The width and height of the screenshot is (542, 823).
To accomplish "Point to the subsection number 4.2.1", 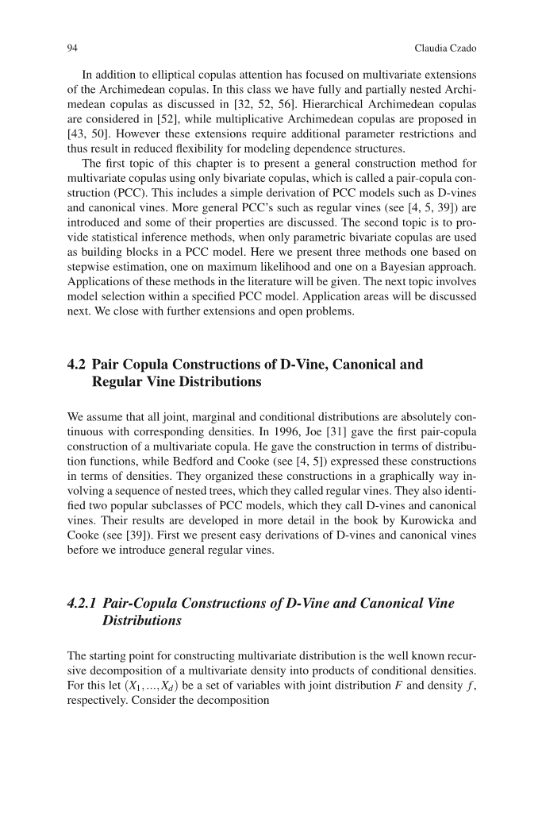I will point(82,604).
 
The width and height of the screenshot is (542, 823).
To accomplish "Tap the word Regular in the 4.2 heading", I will point(119,382).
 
